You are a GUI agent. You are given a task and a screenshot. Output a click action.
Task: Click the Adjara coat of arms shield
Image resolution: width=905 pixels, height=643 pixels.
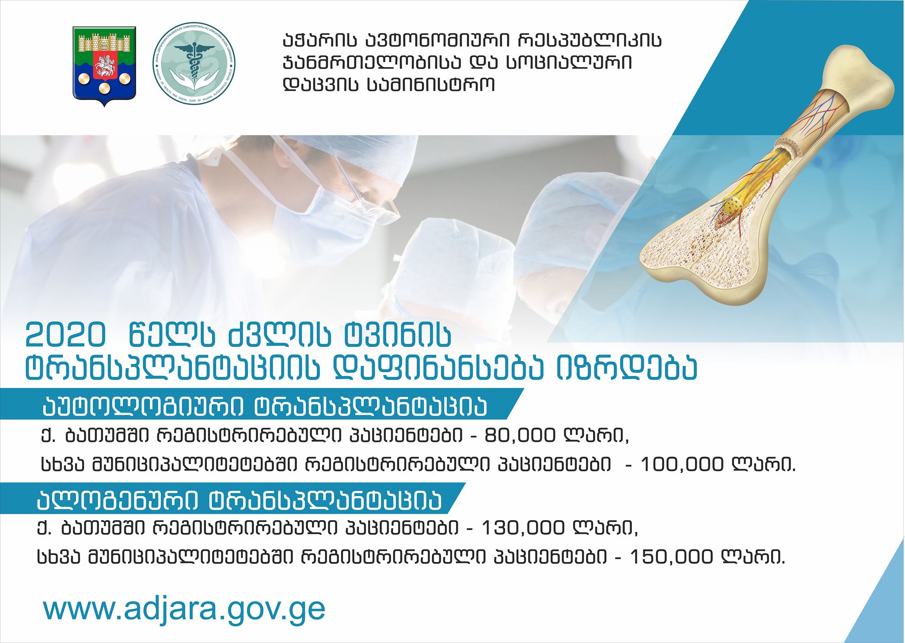click(104, 66)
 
